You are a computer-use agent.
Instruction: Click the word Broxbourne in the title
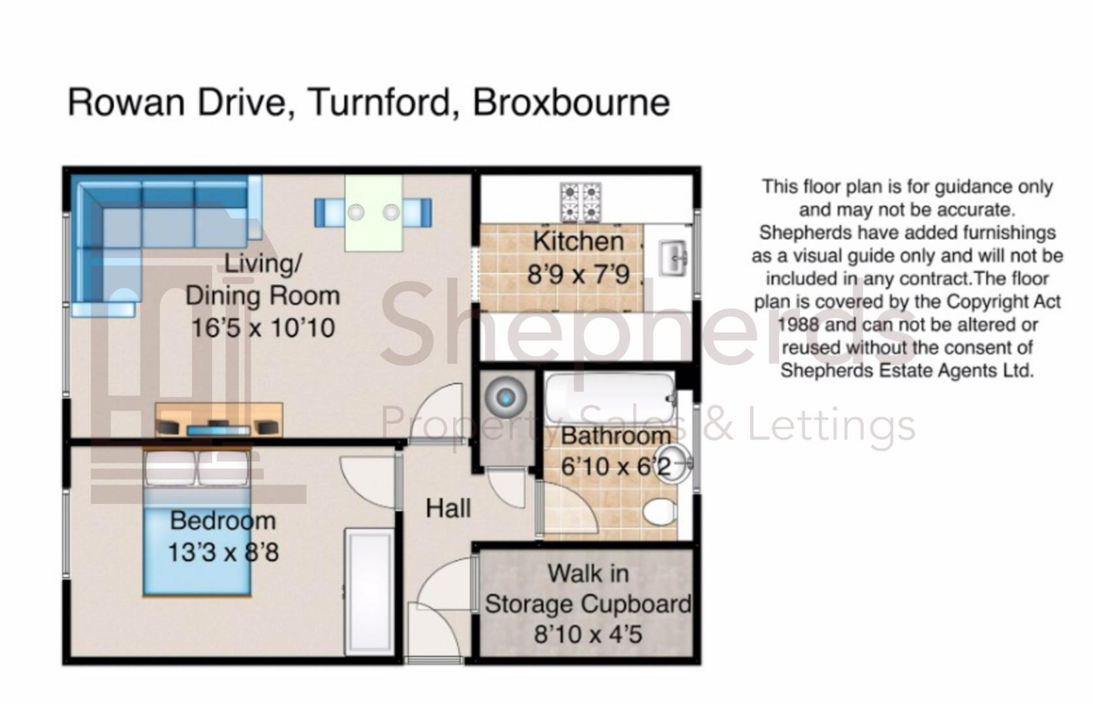coord(571,102)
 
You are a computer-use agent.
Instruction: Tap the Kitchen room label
coord(579,241)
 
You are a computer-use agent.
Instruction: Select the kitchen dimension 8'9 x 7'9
coord(579,274)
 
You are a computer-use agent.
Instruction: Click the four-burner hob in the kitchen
coord(580,202)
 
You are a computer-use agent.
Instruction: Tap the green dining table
coord(373,213)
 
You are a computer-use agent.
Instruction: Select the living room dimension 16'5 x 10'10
coord(262,328)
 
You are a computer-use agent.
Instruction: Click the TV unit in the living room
coord(219,420)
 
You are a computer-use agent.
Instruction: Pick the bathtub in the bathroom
coord(609,396)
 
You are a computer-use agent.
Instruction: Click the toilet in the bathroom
coord(659,511)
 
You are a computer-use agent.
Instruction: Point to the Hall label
coord(448,509)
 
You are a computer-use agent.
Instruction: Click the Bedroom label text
coord(223,521)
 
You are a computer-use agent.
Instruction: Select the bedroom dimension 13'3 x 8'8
coord(223,552)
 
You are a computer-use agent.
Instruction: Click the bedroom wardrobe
coord(369,591)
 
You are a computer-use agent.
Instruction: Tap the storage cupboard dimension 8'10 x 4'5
coord(588,634)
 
